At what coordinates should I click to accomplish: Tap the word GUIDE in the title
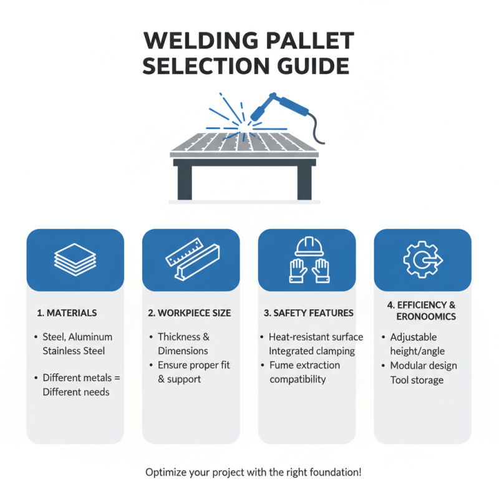[307, 66]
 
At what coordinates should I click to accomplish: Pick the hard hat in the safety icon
[307, 247]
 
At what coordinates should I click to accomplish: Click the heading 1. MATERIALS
[67, 312]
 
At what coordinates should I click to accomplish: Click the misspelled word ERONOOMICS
[425, 317]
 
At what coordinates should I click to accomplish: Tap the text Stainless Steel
[74, 351]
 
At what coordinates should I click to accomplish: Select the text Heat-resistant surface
[316, 337]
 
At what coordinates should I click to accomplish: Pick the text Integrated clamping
[312, 351]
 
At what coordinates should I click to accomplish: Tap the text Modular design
[424, 366]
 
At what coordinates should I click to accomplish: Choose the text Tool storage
[416, 379]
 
